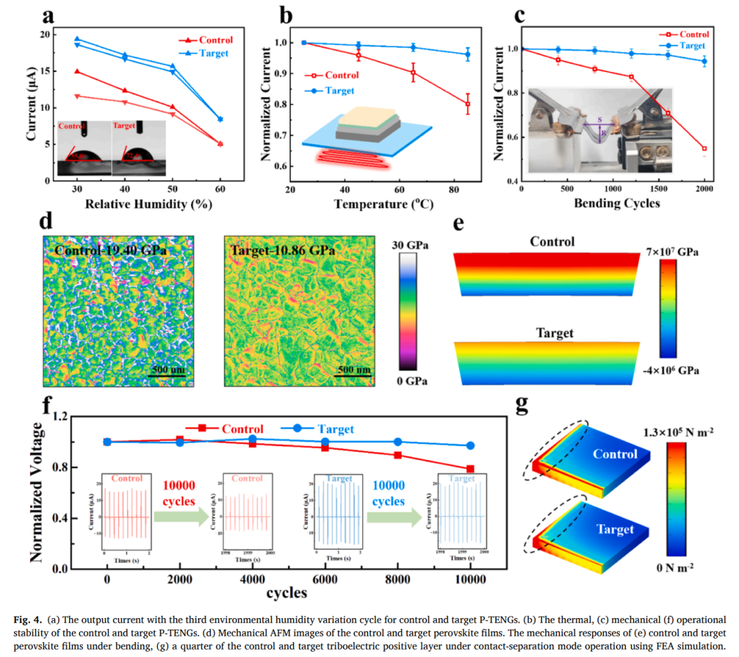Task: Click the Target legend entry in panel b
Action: pos(340,90)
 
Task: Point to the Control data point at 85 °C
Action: pos(468,104)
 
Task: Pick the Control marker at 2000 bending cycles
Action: pos(704,149)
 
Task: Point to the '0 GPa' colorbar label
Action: pos(409,381)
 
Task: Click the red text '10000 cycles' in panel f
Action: pos(179,493)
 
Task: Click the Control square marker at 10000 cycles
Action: pos(471,469)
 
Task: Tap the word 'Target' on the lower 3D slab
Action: pos(615,529)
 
